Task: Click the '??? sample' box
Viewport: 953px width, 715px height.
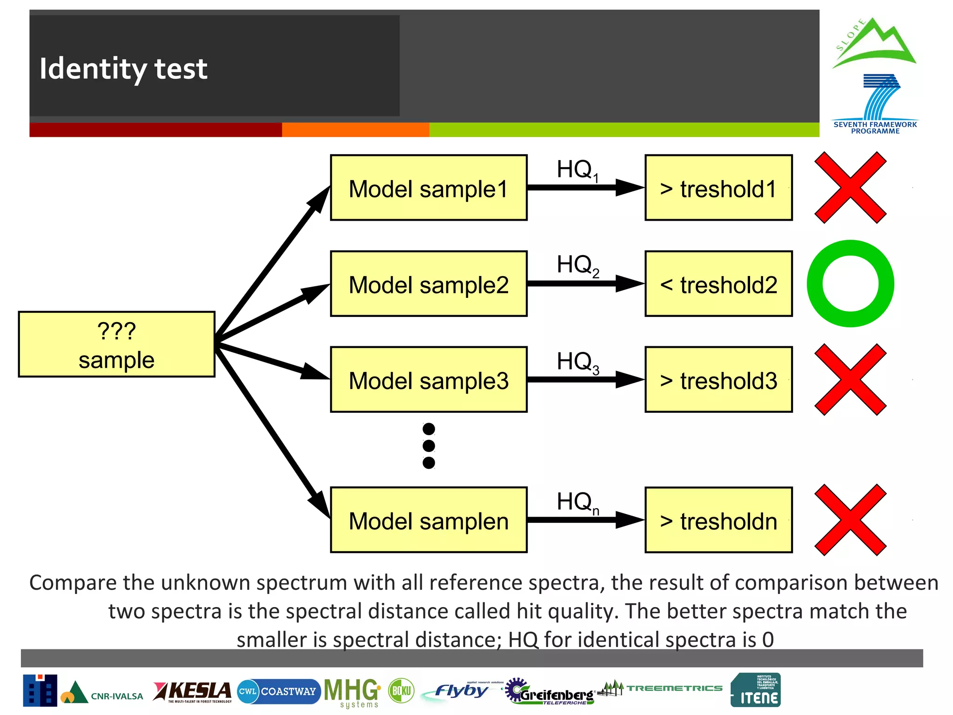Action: tap(116, 344)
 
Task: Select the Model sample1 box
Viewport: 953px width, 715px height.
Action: tap(429, 188)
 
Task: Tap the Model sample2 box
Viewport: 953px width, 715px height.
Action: tap(429, 284)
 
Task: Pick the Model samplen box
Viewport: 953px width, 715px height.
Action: tap(429, 520)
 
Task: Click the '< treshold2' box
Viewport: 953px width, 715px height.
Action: tap(718, 284)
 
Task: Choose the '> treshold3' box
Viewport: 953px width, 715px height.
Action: tap(718, 379)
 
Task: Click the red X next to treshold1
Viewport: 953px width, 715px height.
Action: tap(851, 188)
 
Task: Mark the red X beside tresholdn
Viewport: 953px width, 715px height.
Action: tap(851, 520)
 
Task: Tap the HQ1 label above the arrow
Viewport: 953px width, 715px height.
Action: tap(577, 170)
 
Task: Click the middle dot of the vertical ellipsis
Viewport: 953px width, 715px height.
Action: tap(429, 446)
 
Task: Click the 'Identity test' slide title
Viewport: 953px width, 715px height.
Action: tap(123, 69)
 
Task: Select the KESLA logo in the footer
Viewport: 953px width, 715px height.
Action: tap(193, 692)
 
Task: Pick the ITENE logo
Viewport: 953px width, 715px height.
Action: tap(756, 690)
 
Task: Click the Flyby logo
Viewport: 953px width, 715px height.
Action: tap(461, 691)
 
